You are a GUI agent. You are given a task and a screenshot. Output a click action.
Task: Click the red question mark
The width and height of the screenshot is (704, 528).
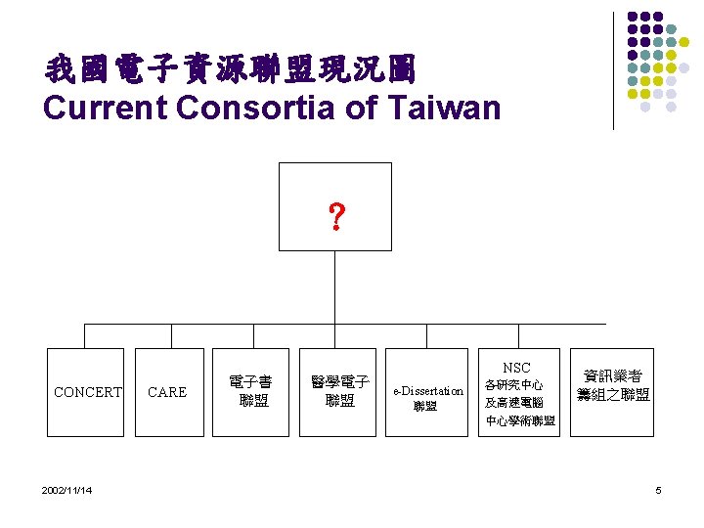point(335,218)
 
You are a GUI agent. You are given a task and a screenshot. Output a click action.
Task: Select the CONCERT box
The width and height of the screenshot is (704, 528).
point(86,392)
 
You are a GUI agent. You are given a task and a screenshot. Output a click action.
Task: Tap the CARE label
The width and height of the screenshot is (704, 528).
point(166,392)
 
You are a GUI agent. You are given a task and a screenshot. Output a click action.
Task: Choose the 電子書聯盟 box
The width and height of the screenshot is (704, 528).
point(249,391)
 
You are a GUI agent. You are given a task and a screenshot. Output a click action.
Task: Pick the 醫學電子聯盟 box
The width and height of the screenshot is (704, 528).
point(339,391)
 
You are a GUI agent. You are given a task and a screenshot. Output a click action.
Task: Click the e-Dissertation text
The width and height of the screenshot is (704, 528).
point(428,390)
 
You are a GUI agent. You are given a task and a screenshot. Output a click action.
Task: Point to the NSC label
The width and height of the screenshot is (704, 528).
point(516,368)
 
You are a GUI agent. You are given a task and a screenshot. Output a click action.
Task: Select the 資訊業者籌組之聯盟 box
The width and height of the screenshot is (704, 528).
point(613,385)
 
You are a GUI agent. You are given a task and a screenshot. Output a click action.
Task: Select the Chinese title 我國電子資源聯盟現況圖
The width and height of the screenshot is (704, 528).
point(231,69)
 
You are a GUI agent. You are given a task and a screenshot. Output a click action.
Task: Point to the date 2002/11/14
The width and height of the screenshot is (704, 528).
point(68,490)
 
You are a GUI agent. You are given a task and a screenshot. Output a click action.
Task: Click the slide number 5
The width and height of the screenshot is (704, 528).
point(658,490)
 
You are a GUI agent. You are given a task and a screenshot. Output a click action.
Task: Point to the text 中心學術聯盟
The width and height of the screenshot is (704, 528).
point(520,421)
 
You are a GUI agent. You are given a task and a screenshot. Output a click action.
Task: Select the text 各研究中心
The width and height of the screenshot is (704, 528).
point(514,385)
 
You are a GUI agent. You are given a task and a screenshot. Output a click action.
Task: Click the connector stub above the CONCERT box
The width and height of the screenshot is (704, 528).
point(85,335)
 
